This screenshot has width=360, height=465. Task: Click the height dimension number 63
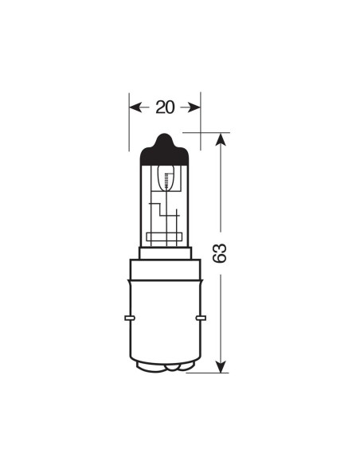coord(222,252)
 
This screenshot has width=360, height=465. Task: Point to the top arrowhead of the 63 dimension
coord(222,139)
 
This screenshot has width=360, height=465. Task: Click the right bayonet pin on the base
coord(202,318)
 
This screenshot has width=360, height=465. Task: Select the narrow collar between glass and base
coord(165,254)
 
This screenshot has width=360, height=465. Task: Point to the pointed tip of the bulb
coord(164,134)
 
